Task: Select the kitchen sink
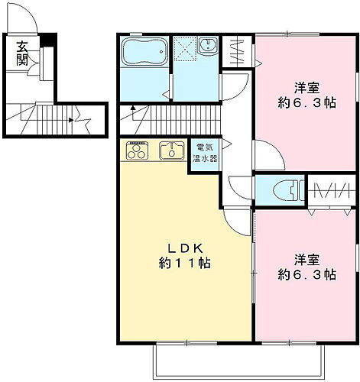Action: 170,151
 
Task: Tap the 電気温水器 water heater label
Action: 206,154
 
